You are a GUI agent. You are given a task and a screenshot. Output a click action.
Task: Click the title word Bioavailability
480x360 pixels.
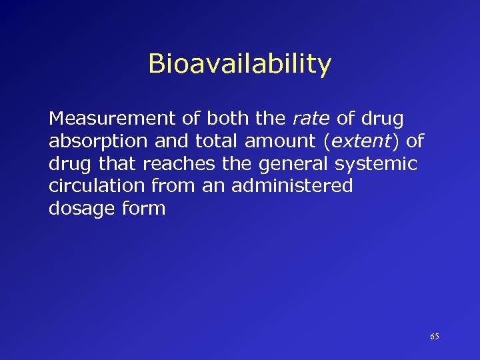click(239, 65)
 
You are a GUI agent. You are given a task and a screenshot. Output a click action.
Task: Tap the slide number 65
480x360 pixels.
click(434, 337)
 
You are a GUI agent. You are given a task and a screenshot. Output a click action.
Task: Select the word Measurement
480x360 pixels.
click(109, 120)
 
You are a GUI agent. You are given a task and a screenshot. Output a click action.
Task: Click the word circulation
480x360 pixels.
click(98, 186)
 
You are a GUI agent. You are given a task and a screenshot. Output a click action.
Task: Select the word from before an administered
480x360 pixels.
click(175, 186)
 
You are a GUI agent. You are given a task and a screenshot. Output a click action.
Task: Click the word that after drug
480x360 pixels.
click(117, 164)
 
